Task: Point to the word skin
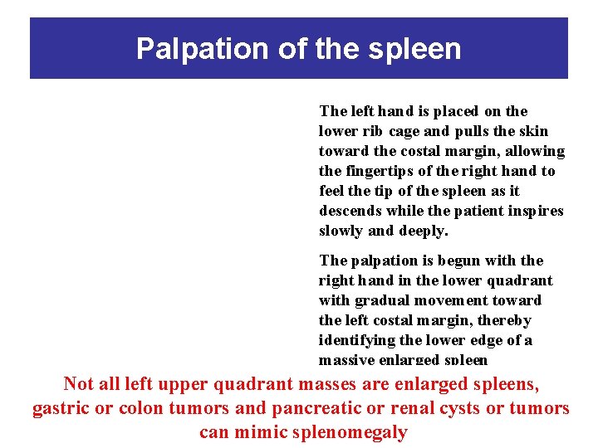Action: point(533,131)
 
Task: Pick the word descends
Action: point(350,211)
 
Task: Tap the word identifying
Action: point(358,340)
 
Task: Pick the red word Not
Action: point(79,384)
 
